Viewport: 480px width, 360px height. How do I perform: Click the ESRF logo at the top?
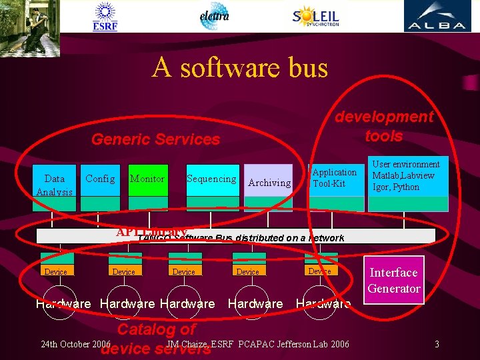[105, 16]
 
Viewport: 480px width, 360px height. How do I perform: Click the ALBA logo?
[437, 16]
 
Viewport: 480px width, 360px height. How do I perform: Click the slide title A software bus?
[240, 68]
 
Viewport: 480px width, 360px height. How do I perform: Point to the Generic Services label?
[155, 139]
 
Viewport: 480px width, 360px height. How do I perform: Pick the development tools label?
[384, 126]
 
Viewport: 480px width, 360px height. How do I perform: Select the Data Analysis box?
[55, 185]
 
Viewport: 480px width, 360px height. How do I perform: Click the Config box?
[100, 179]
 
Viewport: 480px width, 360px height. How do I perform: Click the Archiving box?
[269, 182]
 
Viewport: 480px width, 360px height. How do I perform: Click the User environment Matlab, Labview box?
[408, 176]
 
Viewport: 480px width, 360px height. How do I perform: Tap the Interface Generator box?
[394, 280]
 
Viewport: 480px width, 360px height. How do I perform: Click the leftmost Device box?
[55, 271]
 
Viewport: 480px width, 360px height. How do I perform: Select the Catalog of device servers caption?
[156, 338]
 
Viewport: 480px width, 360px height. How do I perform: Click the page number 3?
[436, 344]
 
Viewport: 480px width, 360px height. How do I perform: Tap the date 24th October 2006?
[75, 344]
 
